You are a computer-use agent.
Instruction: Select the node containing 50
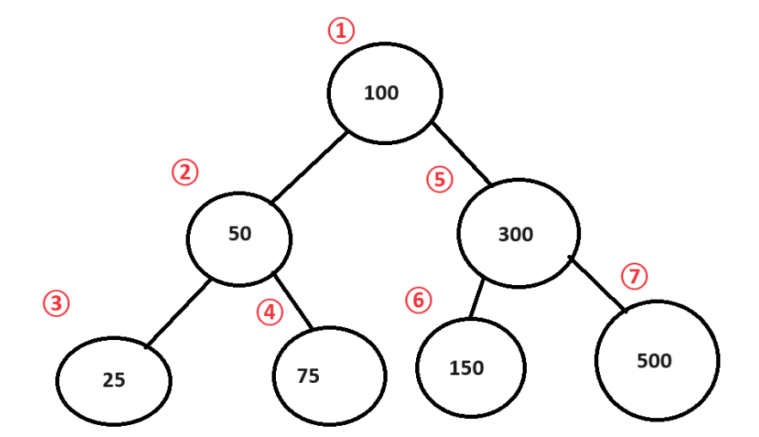(x=240, y=234)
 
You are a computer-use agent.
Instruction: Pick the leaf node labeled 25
(x=114, y=380)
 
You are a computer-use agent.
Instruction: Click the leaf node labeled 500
(x=657, y=361)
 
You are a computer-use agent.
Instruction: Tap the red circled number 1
(x=341, y=31)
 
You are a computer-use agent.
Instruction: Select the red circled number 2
(x=185, y=173)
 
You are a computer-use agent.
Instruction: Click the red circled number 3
(x=56, y=303)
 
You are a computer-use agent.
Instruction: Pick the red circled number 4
(x=270, y=313)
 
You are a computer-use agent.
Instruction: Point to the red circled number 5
(x=439, y=179)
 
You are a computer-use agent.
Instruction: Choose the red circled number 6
(x=418, y=300)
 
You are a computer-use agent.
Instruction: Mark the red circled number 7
(x=634, y=276)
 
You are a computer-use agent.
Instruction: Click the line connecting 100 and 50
(x=309, y=167)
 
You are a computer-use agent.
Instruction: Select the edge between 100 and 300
(x=460, y=155)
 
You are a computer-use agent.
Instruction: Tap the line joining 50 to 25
(x=177, y=314)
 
